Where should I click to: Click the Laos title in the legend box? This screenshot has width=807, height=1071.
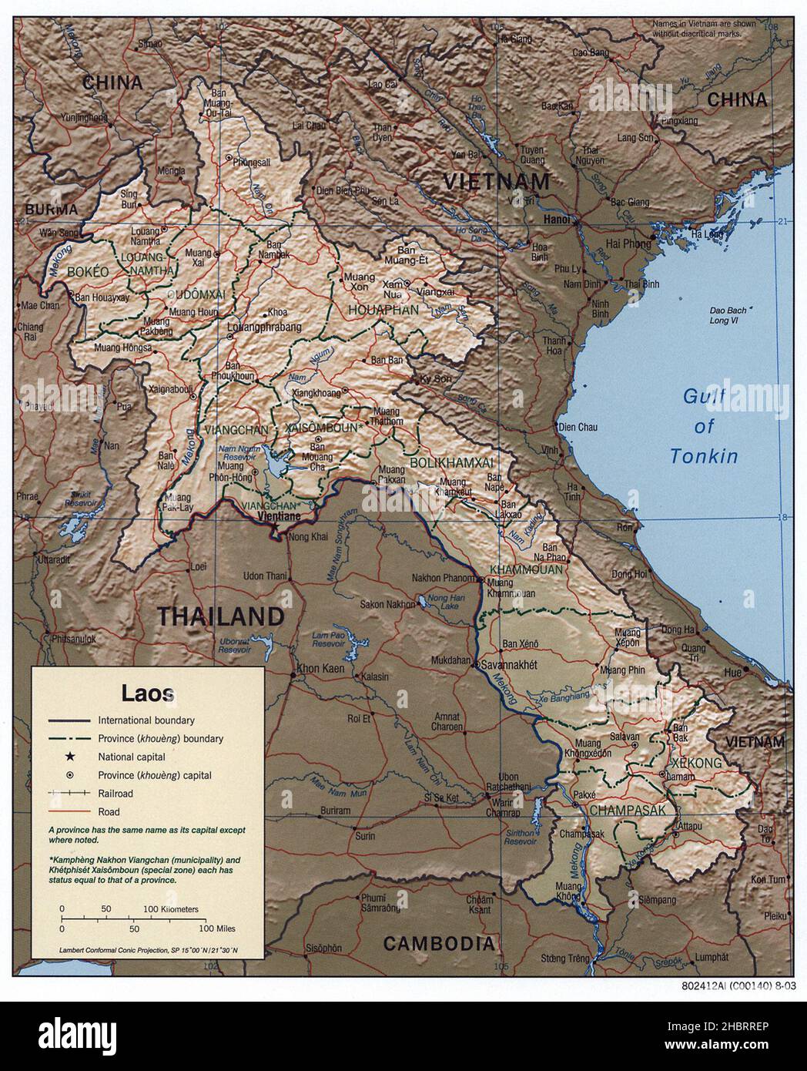(148, 692)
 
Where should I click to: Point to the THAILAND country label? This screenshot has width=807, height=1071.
(221, 616)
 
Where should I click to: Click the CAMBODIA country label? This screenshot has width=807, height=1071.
(438, 942)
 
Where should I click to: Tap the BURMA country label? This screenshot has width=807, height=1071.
(52, 210)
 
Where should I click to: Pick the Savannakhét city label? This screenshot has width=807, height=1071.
(509, 664)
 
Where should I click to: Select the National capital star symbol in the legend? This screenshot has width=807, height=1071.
(69, 757)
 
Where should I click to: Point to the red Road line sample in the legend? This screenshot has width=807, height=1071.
(69, 811)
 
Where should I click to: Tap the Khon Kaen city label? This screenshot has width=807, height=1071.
(319, 667)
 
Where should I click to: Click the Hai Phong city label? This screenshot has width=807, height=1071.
(628, 243)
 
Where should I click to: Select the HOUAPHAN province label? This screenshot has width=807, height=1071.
(383, 310)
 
